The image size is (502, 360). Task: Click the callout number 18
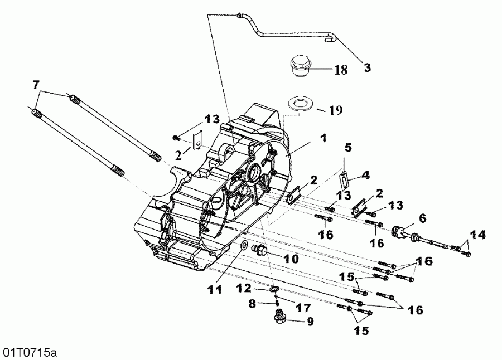coord(341,70)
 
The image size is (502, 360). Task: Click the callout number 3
coord(366,68)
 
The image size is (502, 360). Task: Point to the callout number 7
coord(36,85)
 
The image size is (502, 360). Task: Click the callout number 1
coord(324,137)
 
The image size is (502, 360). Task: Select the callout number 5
coord(347,148)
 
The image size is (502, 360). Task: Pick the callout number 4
coord(365,175)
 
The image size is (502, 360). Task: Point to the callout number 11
coord(215,289)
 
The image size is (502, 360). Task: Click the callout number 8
coord(252,304)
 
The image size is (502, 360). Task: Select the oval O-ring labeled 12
coord(274,289)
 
